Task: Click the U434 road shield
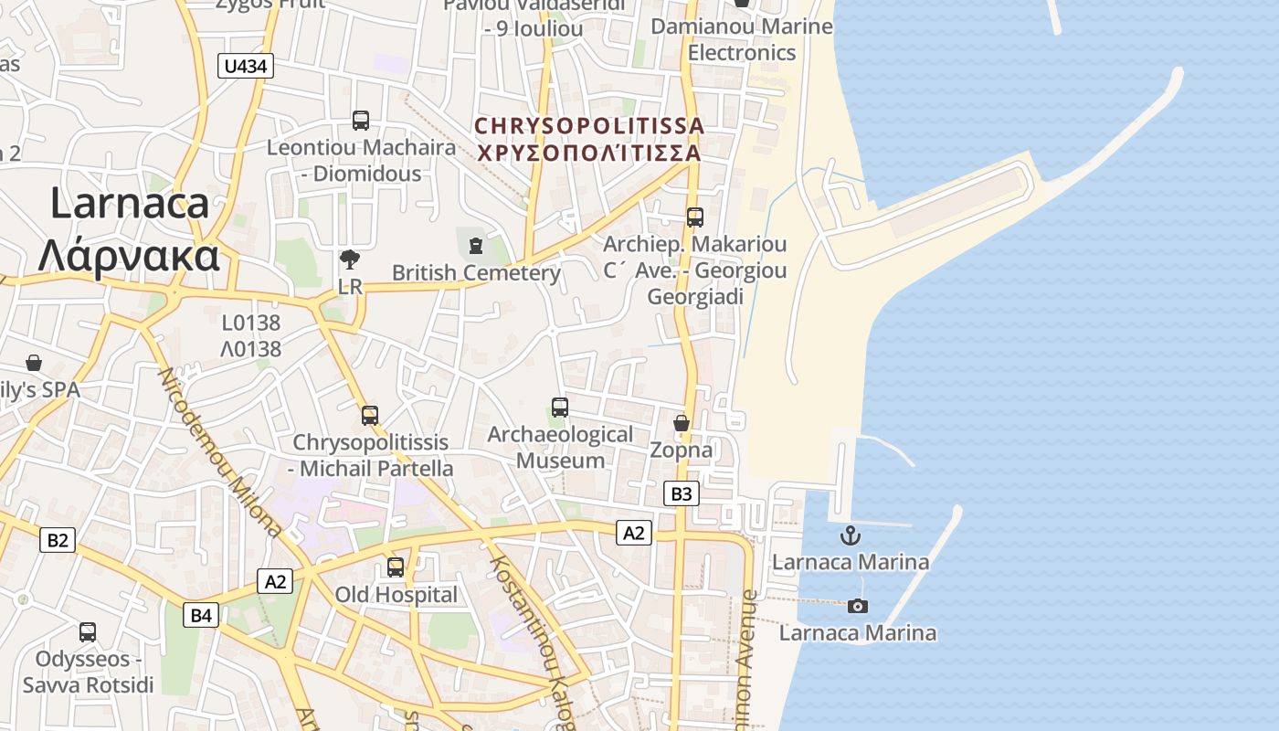pos(246,66)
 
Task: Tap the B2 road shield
pos(57,540)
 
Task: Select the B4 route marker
pos(201,615)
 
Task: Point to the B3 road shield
pos(682,493)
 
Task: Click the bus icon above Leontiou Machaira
pos(361,120)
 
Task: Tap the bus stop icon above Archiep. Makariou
pos(695,217)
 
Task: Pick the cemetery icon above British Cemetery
pos(475,245)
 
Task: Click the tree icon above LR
pos(349,260)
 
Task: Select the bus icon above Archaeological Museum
pos(560,408)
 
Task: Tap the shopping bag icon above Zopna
pos(682,423)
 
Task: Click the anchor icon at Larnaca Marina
pos(851,535)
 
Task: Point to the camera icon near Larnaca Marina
pos(857,606)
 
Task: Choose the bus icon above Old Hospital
pos(396,567)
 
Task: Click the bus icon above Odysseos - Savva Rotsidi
pos(88,631)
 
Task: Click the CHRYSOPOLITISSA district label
pos(590,126)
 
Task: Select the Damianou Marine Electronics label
pos(742,39)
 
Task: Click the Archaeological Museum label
pos(560,447)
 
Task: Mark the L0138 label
pos(251,323)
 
